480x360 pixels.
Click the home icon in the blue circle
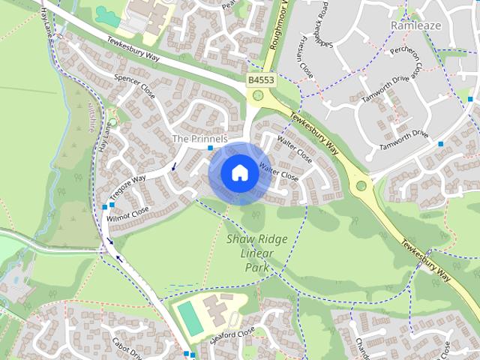[239, 172]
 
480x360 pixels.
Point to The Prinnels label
[199, 139]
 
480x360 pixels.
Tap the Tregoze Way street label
[129, 184]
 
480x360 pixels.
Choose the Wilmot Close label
[128, 212]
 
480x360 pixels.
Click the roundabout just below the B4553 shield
[259, 95]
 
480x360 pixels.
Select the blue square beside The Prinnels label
[210, 148]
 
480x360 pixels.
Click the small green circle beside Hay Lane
[112, 121]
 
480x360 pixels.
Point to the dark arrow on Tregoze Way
[174, 166]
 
